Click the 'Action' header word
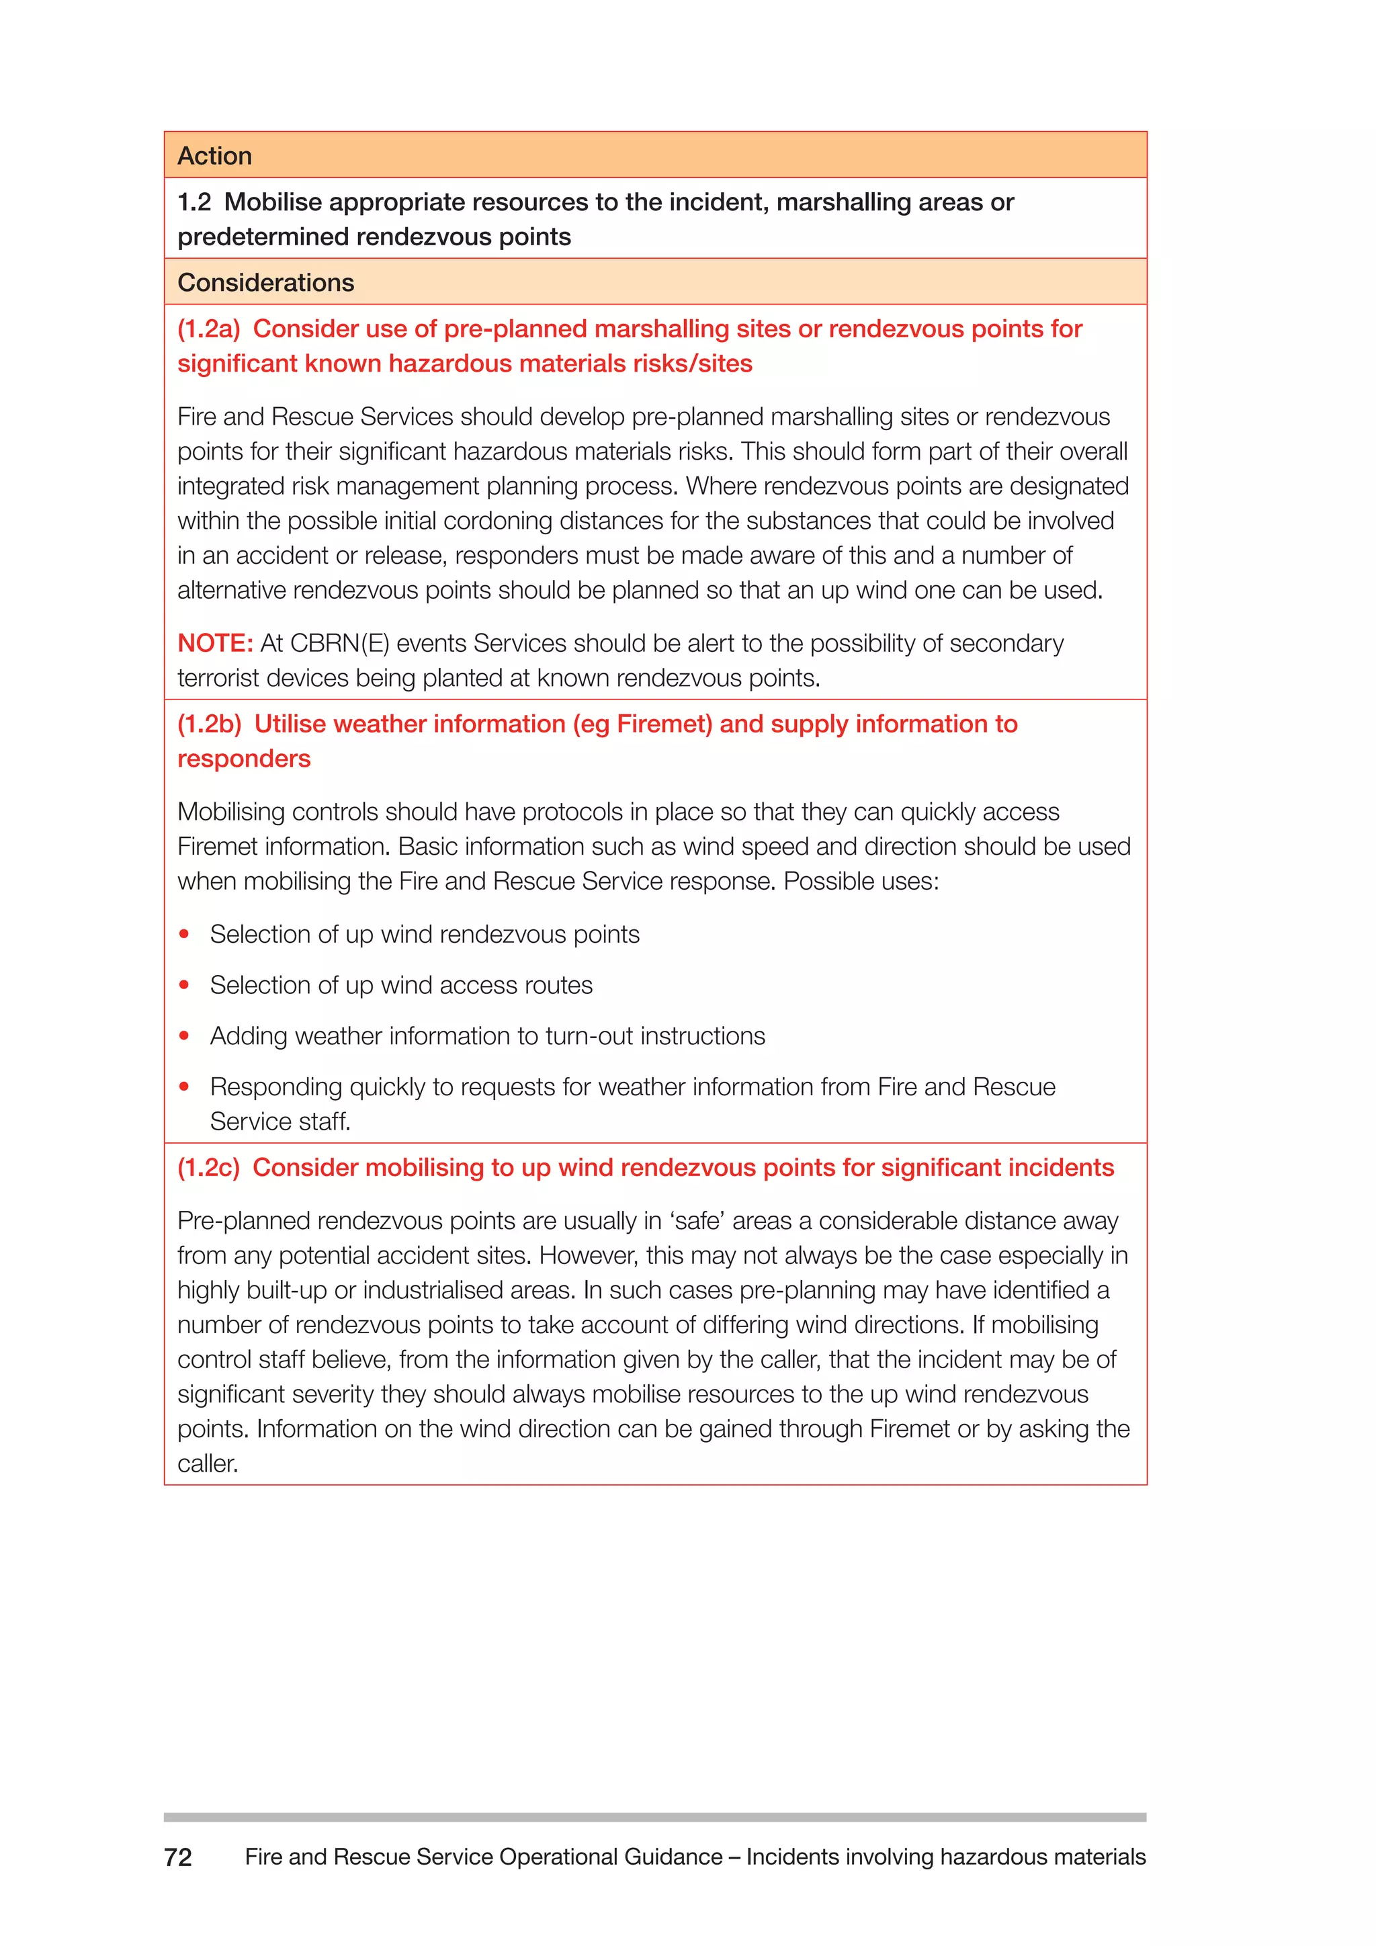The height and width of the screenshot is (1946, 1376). pos(214,156)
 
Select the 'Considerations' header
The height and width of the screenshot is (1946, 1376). pos(265,282)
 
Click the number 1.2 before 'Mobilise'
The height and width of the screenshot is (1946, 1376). pos(194,202)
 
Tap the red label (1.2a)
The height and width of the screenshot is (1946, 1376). pos(208,329)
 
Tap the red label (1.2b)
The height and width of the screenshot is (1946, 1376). pos(209,724)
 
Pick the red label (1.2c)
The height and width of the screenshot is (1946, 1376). pos(208,1168)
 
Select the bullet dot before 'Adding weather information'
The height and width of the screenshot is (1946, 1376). pos(184,1035)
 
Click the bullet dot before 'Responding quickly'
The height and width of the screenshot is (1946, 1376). pos(184,1087)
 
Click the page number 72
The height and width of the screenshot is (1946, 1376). pos(178,1857)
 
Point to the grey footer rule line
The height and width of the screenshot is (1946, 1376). pos(654,1817)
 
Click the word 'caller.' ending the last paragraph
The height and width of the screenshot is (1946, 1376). pos(208,1464)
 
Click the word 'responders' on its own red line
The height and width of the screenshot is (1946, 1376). pos(244,759)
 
